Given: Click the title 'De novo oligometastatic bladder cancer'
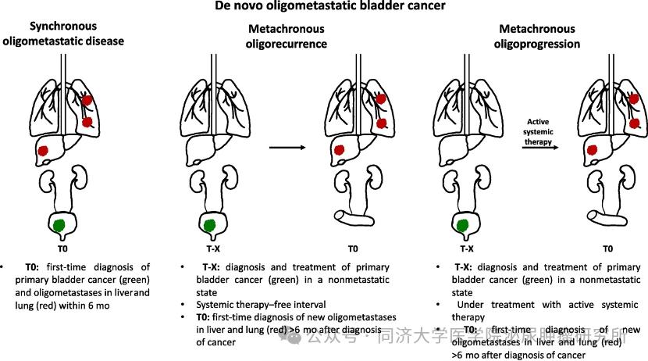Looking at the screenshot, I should (x=325, y=7).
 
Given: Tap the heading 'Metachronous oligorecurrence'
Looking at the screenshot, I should (x=287, y=37).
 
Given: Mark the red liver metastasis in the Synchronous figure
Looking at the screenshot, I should (x=44, y=150).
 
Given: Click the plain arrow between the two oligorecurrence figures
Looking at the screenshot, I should (x=285, y=147).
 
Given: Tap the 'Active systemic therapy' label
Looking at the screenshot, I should (x=540, y=132).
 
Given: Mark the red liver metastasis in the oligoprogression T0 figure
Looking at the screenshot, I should (x=593, y=150).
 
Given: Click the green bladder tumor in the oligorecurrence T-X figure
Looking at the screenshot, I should (x=208, y=226).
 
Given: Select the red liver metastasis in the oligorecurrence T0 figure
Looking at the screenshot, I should (x=340, y=150).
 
